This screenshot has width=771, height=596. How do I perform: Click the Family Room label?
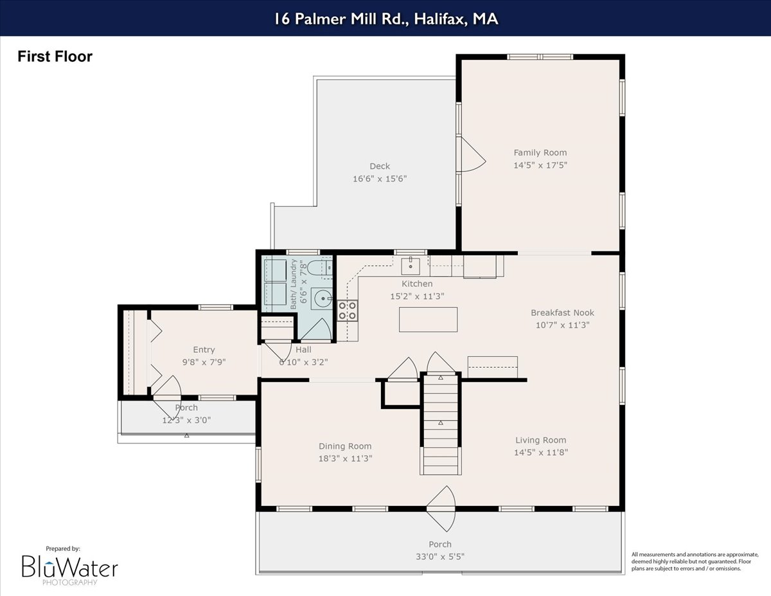(540, 152)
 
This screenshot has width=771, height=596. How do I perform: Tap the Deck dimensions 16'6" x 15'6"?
(380, 179)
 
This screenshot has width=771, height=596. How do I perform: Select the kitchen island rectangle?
(428, 320)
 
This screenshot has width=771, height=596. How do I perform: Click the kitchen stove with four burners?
(348, 311)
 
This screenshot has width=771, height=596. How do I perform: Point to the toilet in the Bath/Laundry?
(319, 269)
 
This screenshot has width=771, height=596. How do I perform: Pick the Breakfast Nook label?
(562, 312)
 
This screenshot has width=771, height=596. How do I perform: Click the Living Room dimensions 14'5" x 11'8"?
(540, 452)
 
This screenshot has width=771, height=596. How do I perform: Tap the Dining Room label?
(345, 446)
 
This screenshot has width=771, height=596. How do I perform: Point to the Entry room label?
(204, 350)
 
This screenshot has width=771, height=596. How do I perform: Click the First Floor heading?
(55, 57)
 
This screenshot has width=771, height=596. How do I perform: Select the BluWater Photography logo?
(69, 566)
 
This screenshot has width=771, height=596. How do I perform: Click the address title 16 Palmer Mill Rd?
(385, 19)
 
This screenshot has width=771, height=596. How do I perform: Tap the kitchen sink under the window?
(411, 264)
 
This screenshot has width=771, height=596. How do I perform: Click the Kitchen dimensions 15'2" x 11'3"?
(417, 296)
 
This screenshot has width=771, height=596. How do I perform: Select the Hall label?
(303, 350)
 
